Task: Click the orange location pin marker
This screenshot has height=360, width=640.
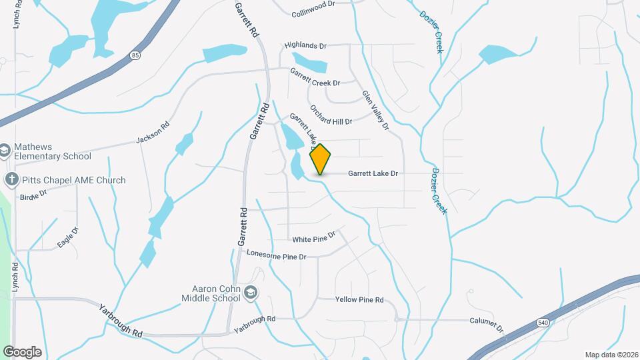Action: [x=321, y=159]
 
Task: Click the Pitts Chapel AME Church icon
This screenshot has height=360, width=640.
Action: [x=11, y=179]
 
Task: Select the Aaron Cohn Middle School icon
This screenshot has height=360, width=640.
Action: [x=251, y=293]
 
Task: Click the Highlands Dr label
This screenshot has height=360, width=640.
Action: [x=305, y=45]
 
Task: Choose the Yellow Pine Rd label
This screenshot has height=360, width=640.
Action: [x=359, y=300]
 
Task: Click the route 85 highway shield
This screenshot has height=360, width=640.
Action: [x=136, y=56]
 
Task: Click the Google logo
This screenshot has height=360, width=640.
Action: [x=22, y=351]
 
